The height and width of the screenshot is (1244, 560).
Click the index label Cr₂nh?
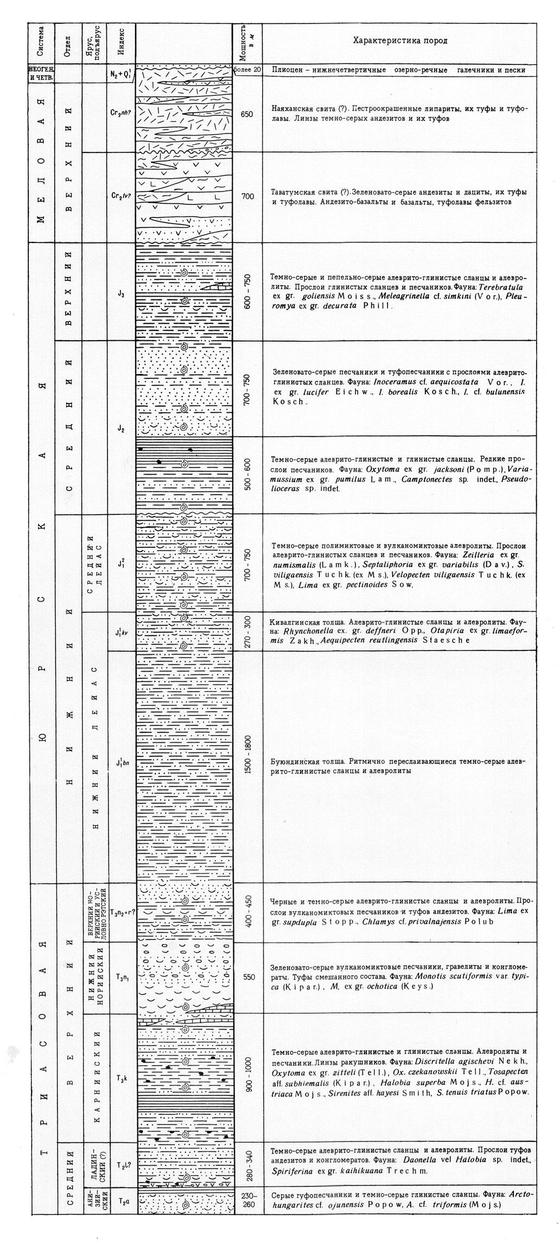[120, 114]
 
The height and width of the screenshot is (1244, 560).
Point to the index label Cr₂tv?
[120, 196]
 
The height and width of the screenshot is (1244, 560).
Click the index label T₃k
[121, 1078]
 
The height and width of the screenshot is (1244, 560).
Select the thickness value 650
[247, 114]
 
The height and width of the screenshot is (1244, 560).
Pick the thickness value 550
[248, 977]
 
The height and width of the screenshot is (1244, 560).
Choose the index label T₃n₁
[121, 977]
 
